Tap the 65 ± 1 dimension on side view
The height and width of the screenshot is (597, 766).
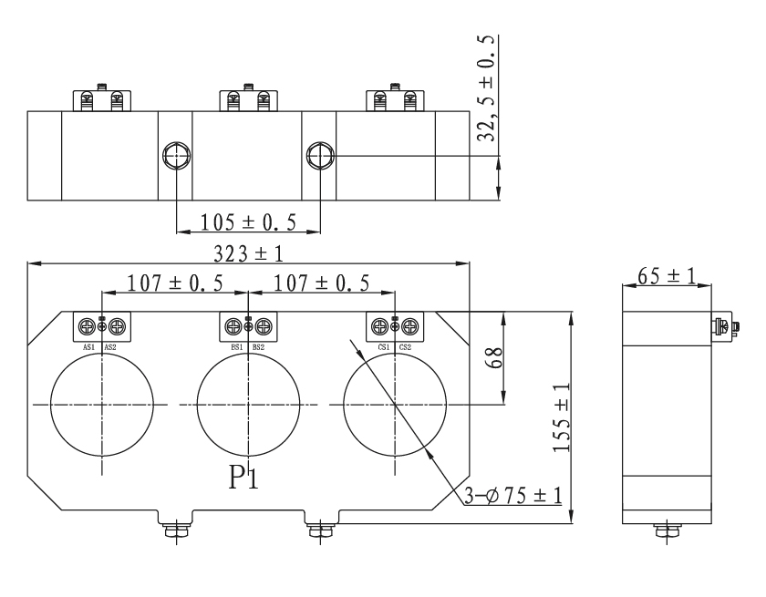[x=667, y=275]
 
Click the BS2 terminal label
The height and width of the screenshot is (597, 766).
[x=259, y=347]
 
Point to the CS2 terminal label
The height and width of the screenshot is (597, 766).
[x=405, y=347]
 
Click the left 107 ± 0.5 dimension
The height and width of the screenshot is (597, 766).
[x=174, y=283]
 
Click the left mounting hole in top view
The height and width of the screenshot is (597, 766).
[x=174, y=156]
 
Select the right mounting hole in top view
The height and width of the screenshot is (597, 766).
[x=320, y=156]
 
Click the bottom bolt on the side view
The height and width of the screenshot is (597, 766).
[x=667, y=530]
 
